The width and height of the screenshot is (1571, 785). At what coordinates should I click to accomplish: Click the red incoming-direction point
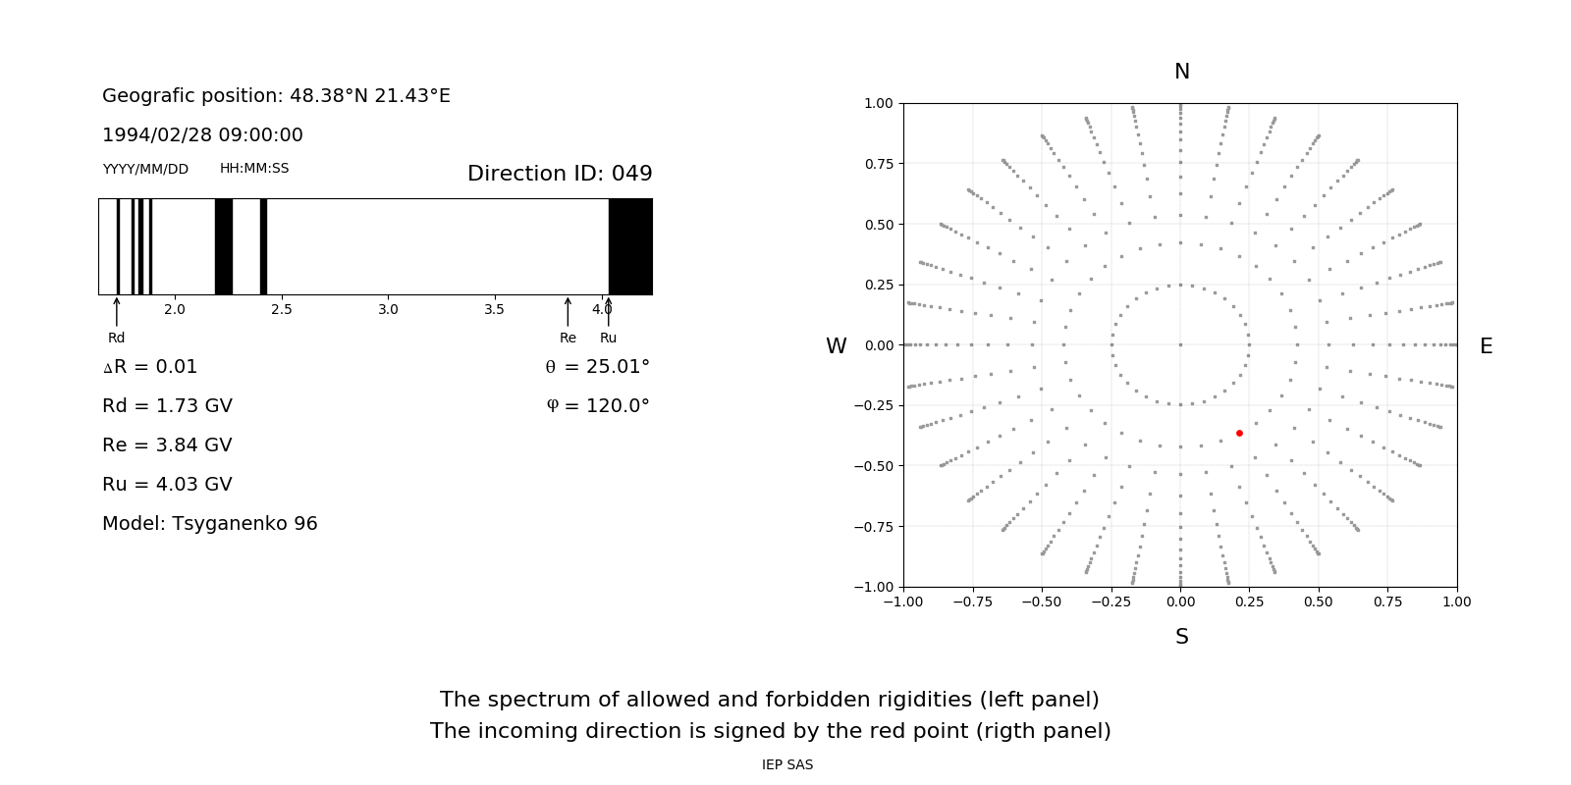pos(1239,433)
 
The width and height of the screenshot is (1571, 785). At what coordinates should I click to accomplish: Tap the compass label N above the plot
pos(1182,72)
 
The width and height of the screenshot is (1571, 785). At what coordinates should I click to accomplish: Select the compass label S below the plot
pos(1182,637)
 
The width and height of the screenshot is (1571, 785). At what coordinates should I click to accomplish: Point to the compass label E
pos(1486,346)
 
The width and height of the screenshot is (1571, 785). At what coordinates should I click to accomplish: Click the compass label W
pos(836,346)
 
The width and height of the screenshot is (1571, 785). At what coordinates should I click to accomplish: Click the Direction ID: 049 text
pos(560,174)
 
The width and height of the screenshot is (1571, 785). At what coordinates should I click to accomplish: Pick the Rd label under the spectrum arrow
pos(117,338)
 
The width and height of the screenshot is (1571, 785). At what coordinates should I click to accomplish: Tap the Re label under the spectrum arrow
pos(568,338)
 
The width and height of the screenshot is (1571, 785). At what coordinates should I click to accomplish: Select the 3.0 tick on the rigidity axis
pos(388,309)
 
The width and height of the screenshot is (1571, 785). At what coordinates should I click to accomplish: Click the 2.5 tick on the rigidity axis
pos(281,309)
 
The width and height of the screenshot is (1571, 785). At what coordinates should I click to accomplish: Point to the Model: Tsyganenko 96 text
pos(210,523)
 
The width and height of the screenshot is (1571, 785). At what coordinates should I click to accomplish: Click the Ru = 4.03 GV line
pos(167,484)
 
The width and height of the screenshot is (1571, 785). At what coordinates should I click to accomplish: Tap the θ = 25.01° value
pos(597,366)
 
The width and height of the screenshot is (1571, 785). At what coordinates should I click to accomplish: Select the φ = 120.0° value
pos(598,405)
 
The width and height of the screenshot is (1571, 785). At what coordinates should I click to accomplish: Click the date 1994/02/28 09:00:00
pos(202,134)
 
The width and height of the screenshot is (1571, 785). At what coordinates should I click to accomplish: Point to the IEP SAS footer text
pos(787,764)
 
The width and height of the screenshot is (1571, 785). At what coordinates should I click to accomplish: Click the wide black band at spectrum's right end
pos(630,246)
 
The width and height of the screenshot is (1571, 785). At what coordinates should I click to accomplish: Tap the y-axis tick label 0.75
pos(878,164)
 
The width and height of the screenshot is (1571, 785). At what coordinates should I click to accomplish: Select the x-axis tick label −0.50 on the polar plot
pos(1042,602)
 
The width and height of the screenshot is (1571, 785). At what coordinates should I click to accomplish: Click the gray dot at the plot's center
pos(1180,344)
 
